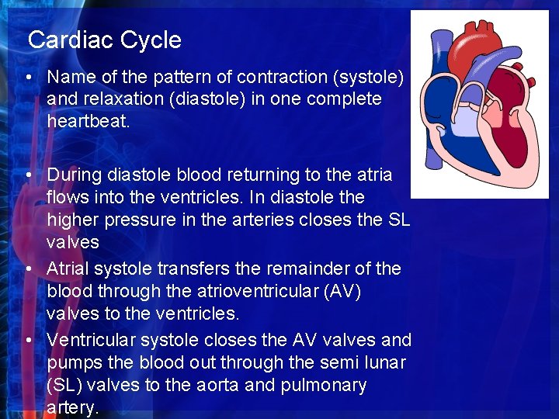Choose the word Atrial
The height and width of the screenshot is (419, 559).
pos(71,268)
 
